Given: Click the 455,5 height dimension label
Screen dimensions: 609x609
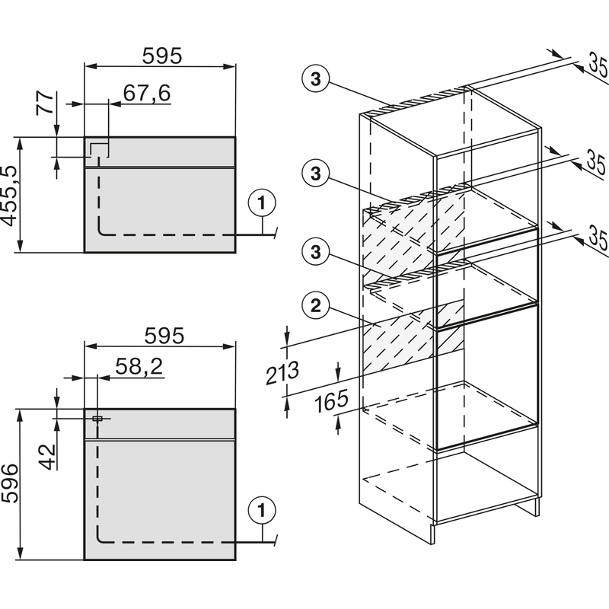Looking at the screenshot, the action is [x=10, y=196].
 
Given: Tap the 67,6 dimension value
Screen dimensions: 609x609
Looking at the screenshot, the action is [x=147, y=93].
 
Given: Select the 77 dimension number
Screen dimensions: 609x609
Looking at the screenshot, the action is [x=46, y=104].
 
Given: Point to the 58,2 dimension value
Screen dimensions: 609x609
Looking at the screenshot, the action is [x=139, y=366].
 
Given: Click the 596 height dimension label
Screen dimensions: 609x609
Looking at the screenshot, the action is [x=10, y=484].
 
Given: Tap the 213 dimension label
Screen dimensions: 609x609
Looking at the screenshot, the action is [x=282, y=372].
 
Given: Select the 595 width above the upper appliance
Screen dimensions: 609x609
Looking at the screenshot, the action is [x=162, y=56].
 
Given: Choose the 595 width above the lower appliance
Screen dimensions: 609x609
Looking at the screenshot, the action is [x=164, y=336].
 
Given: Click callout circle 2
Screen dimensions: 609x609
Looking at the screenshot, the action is [x=316, y=306].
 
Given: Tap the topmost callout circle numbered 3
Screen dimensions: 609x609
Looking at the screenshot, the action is [x=316, y=79].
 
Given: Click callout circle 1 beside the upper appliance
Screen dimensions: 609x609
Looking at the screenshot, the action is [x=262, y=202].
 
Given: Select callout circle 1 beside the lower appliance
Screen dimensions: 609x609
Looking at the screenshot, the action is [x=262, y=510].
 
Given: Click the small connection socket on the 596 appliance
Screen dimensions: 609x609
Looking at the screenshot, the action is [x=97, y=418].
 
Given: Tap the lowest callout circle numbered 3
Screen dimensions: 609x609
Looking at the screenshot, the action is [x=316, y=251].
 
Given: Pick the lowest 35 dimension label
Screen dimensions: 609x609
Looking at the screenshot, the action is [x=598, y=237].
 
